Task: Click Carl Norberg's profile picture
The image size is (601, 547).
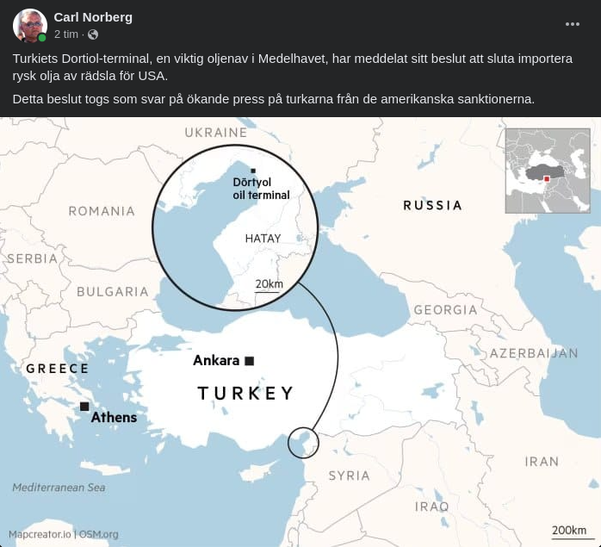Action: click(30, 26)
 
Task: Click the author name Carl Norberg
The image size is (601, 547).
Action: click(93, 17)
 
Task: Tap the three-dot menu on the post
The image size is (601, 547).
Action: click(573, 24)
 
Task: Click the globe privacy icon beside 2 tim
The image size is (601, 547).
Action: click(93, 34)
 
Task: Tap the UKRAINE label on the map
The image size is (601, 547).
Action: click(216, 133)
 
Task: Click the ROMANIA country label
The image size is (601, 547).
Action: click(102, 211)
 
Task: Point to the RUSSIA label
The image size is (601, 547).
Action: click(433, 205)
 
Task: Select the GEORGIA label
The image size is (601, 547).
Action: click(445, 310)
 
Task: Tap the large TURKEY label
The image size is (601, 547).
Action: click(245, 394)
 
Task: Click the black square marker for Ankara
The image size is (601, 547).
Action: click(250, 361)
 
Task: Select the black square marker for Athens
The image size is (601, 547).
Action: click(84, 407)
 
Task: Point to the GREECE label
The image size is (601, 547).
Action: click(57, 369)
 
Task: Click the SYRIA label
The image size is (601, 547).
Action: click(349, 476)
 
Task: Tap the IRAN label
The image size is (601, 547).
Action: click(542, 462)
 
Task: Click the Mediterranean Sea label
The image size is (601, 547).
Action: click(59, 488)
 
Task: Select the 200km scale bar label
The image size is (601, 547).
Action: click(569, 530)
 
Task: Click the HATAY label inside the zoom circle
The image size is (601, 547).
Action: click(263, 239)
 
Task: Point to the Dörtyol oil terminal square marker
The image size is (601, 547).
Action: click(252, 171)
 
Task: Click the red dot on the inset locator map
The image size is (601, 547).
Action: click(546, 179)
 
